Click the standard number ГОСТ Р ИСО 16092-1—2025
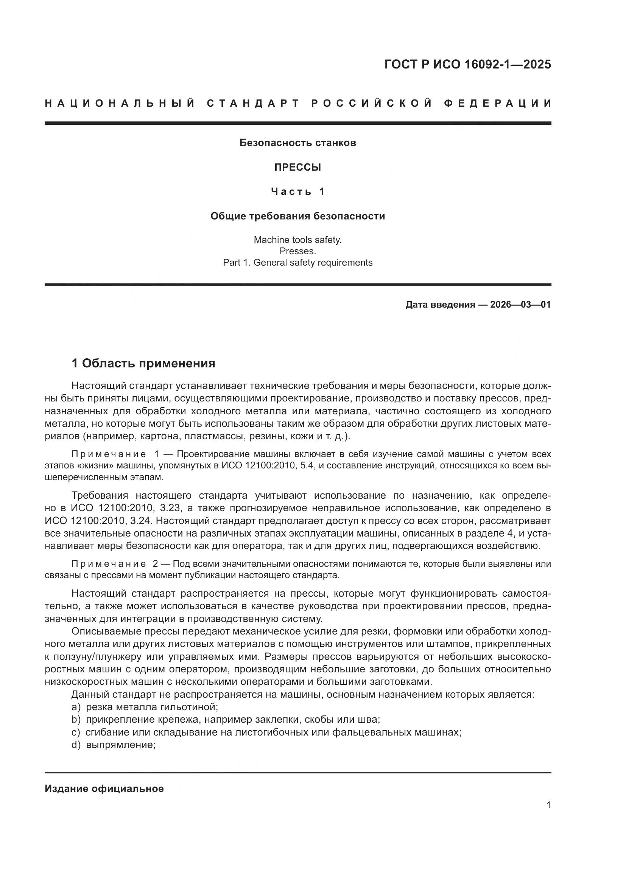point(467,64)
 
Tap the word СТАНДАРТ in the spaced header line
point(253,103)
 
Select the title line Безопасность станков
point(297,143)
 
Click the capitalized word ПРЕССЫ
point(297,167)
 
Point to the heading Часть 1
point(298,191)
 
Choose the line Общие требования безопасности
point(297,216)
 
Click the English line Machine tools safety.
point(297,240)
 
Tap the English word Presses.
point(297,251)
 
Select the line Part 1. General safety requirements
point(297,263)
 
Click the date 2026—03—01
point(520,305)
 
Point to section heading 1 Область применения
point(143,363)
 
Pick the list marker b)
point(76,720)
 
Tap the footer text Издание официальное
point(104,789)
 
